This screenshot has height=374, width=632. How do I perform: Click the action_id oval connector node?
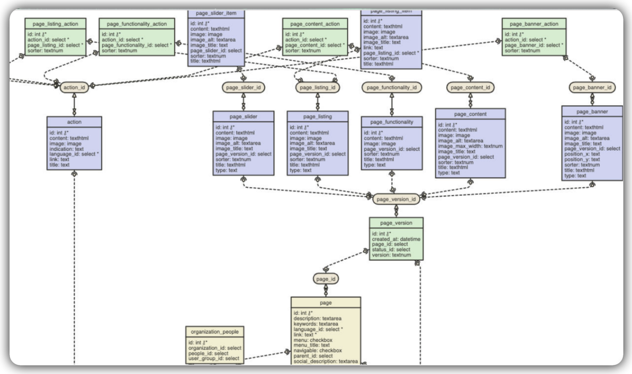click(x=74, y=87)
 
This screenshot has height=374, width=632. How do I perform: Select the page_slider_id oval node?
click(x=243, y=87)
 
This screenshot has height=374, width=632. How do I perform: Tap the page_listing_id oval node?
click(x=317, y=87)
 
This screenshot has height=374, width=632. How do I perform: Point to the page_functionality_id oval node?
click(x=391, y=87)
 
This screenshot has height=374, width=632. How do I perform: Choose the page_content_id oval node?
click(x=470, y=87)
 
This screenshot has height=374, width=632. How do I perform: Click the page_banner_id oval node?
click(x=592, y=87)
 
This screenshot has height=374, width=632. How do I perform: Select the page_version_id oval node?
click(x=396, y=199)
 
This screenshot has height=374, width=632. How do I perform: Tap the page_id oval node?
click(x=325, y=279)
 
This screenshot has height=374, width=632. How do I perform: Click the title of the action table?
click(x=74, y=122)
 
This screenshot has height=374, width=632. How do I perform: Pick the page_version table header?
click(x=396, y=223)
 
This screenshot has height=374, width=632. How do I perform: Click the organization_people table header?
click(x=215, y=331)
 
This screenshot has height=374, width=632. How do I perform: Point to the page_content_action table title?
click(x=315, y=24)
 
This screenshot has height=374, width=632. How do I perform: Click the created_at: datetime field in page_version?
click(x=396, y=239)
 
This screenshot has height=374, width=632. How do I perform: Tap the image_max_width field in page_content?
click(x=470, y=146)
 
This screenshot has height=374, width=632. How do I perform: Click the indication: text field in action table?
click(x=66, y=149)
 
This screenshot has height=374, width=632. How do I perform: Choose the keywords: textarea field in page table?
click(x=315, y=324)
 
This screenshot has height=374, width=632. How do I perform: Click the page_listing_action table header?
click(x=55, y=24)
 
